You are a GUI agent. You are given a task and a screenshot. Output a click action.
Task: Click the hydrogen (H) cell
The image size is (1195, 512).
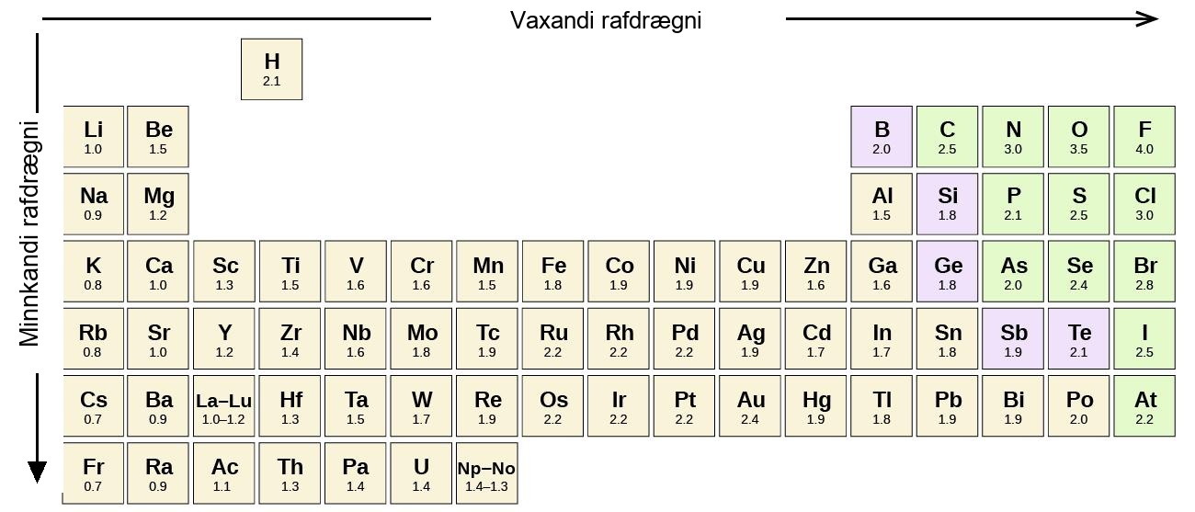point(271,69)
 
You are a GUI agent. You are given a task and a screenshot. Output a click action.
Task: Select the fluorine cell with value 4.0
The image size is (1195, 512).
point(1144,137)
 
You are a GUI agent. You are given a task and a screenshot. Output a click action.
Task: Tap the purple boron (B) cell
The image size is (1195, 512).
point(882,137)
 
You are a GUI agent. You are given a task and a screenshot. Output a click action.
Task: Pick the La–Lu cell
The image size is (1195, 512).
point(224,406)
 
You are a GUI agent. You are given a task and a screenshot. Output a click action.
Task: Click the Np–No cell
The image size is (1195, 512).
point(487,473)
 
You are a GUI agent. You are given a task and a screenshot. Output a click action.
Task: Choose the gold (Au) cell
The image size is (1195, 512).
point(750,406)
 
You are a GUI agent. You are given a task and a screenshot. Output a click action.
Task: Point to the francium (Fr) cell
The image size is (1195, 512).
point(94,473)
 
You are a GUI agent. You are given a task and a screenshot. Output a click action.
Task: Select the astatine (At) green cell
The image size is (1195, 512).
point(1144,406)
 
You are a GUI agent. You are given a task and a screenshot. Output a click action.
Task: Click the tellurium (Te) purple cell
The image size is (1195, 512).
point(1078,338)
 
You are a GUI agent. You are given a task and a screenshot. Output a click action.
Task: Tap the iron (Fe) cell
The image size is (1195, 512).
point(552,271)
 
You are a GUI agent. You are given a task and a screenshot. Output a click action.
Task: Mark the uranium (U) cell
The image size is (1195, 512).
point(421,473)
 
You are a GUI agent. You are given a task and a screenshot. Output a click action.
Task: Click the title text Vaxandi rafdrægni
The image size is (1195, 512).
point(606,20)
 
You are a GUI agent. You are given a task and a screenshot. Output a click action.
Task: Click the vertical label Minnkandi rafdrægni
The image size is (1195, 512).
point(29,233)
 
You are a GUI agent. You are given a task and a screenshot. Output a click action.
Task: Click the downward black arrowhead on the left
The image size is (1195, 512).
point(38,472)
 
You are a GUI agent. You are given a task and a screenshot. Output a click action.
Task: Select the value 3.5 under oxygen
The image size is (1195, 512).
point(1078,149)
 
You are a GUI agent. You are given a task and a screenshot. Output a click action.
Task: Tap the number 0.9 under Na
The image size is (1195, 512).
point(93,215)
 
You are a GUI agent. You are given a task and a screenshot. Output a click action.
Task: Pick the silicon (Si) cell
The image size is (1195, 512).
point(948,204)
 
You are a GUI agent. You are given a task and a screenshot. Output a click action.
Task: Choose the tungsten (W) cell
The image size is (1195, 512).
point(421,406)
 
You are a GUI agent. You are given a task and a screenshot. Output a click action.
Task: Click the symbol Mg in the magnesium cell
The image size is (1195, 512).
point(159,197)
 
